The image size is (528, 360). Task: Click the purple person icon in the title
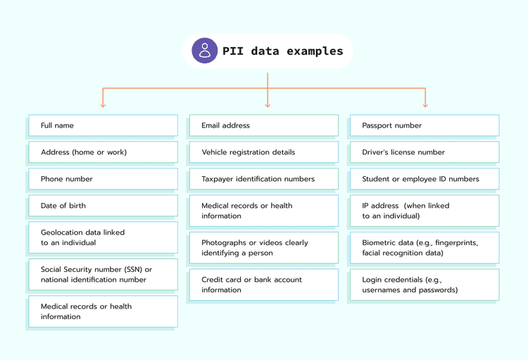(x=205, y=51)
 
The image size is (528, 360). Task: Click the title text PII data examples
(x=283, y=51)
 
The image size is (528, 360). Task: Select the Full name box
(x=103, y=125)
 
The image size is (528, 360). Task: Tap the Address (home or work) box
(x=103, y=152)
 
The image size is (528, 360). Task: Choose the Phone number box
(x=103, y=179)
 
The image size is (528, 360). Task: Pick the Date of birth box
(x=103, y=206)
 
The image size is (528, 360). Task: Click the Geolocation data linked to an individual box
(x=103, y=237)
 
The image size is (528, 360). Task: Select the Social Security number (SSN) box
(x=103, y=275)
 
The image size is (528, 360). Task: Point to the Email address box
(x=263, y=125)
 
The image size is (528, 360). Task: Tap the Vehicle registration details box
(x=263, y=152)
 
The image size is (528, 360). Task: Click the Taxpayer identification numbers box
(x=263, y=179)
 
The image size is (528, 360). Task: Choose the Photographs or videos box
(x=263, y=248)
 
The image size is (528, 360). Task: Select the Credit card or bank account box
(x=263, y=285)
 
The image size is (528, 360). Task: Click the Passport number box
(x=425, y=125)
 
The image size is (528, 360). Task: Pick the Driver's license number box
(x=425, y=152)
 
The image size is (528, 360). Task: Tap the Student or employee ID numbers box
(x=425, y=179)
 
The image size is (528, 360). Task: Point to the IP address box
(x=425, y=211)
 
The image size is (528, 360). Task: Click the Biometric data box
(x=425, y=248)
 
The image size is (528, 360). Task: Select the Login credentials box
(x=425, y=285)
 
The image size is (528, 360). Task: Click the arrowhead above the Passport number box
(x=425, y=104)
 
